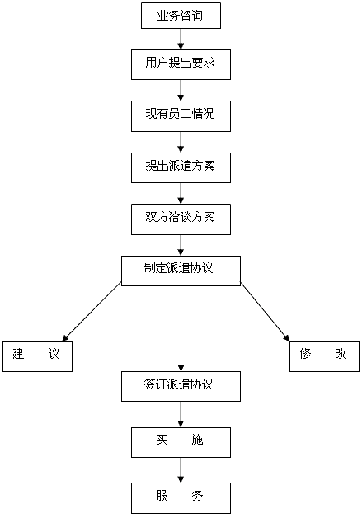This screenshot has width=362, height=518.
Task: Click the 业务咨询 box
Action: click(x=181, y=16)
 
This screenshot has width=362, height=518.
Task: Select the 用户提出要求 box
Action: click(x=181, y=64)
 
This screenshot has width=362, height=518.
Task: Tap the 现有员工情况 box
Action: click(x=181, y=116)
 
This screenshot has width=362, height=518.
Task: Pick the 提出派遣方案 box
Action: click(x=181, y=167)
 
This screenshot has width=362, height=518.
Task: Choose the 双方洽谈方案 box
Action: click(x=181, y=219)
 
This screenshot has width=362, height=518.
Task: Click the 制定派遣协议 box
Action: click(x=181, y=271)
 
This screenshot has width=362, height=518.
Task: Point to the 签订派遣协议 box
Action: click(x=181, y=386)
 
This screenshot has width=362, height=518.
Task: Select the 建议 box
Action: click(x=37, y=356)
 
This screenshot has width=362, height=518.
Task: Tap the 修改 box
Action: click(x=324, y=356)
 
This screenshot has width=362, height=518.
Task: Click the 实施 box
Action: click(x=181, y=442)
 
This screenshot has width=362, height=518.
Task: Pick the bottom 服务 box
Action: click(x=181, y=498)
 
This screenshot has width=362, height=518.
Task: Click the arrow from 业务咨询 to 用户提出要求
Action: click(x=181, y=40)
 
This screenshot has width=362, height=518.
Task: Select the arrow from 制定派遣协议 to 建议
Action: click(x=92, y=312)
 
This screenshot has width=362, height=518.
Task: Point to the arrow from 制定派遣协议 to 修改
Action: click(x=265, y=312)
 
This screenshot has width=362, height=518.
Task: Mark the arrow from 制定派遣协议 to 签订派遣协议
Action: click(x=181, y=329)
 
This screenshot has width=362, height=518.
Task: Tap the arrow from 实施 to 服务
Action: click(x=181, y=470)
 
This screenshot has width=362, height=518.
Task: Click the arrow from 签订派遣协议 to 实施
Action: click(x=181, y=415)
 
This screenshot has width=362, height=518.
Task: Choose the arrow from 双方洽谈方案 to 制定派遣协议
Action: click(x=181, y=246)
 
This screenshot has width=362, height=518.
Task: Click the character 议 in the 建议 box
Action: click(x=54, y=354)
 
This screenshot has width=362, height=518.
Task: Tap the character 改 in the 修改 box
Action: click(x=341, y=354)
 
